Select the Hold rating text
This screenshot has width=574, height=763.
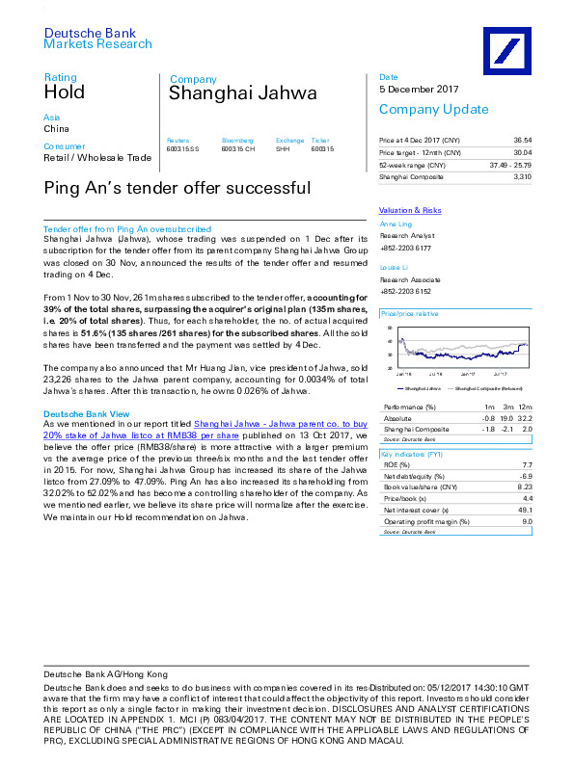(64, 92)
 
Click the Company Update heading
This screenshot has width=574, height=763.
(420, 109)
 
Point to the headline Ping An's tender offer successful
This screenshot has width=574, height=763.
(178, 188)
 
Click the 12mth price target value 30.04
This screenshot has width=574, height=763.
(523, 152)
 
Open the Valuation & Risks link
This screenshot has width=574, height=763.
(410, 210)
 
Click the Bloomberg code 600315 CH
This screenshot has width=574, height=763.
(238, 149)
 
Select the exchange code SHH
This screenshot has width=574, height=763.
(283, 149)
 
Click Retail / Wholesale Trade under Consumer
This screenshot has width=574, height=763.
(97, 157)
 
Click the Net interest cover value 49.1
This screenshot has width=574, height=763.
(525, 510)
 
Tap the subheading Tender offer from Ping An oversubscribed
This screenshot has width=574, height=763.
(127, 229)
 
